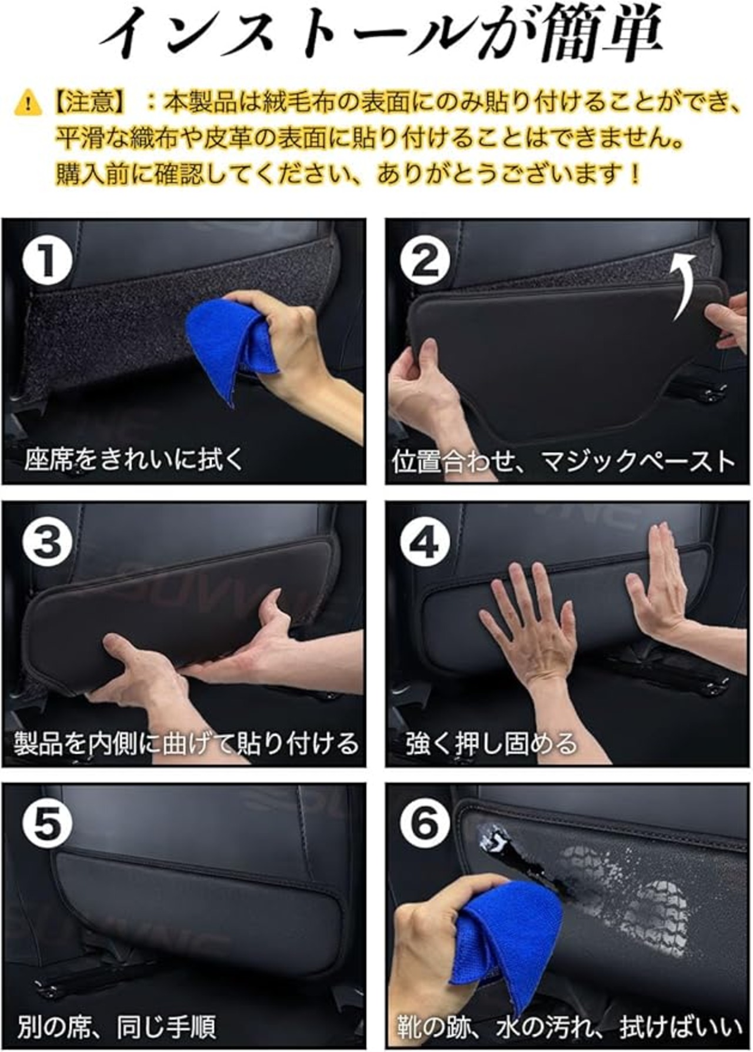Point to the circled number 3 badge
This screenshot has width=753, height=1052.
tap(48, 542)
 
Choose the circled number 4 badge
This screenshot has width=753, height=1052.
tap(425, 542)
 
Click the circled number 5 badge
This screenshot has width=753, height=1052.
tap(48, 824)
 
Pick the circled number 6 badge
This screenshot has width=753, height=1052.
tap(425, 824)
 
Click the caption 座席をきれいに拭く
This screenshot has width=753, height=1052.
tap(134, 460)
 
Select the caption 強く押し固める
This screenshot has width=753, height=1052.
tap(491, 744)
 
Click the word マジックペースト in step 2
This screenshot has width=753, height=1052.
tap(638, 461)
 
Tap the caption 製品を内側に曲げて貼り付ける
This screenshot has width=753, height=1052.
tap(186, 744)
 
